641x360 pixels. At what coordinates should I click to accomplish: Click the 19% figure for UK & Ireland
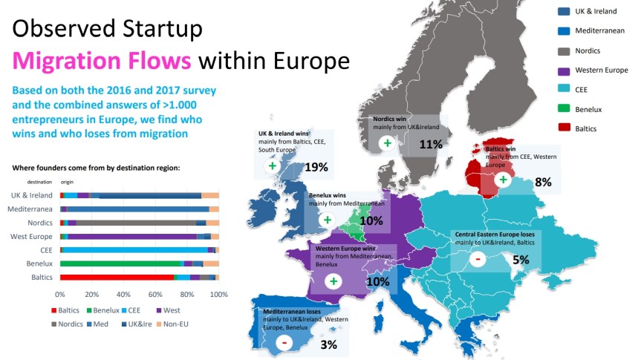pos(316,167)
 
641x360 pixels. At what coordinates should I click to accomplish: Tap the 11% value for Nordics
pos(431,144)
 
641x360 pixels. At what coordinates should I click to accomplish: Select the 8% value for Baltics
pos(543,182)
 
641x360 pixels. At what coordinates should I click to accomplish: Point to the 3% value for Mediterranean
pos(329,344)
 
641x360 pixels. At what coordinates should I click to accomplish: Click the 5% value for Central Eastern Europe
pos(520,260)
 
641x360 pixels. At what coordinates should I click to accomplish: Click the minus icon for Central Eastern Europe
pos(478,258)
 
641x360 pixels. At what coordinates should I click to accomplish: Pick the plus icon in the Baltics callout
pos(503,180)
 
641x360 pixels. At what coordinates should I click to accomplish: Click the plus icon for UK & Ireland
pos(272,166)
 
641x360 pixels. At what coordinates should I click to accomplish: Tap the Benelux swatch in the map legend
pos(563,109)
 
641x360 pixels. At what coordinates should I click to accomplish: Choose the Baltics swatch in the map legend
pos(563,128)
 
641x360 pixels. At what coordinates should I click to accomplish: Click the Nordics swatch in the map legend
pos(563,50)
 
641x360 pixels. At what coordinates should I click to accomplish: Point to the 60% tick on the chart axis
pos(154,294)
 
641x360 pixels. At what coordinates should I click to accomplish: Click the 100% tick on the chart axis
pos(218,294)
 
